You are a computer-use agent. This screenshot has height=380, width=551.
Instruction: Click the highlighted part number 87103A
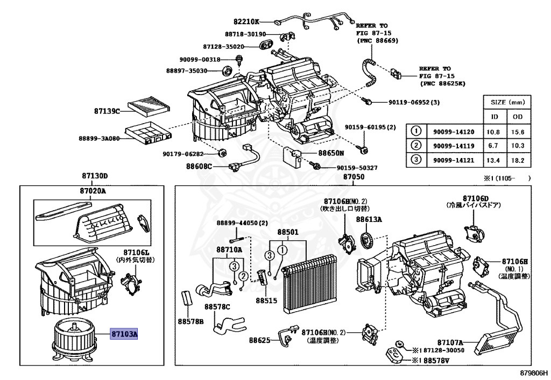pyautogui.click(x=125, y=334)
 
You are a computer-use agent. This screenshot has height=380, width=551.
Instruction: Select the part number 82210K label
pyautogui.click(x=246, y=21)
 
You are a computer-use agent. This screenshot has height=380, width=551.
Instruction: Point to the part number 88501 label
pyautogui.click(x=288, y=233)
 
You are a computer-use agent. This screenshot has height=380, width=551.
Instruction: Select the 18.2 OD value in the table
pyautogui.click(x=518, y=160)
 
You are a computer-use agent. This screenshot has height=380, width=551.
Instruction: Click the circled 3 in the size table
pyautogui.click(x=415, y=160)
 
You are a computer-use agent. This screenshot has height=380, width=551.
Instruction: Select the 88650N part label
pyautogui.click(x=330, y=153)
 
